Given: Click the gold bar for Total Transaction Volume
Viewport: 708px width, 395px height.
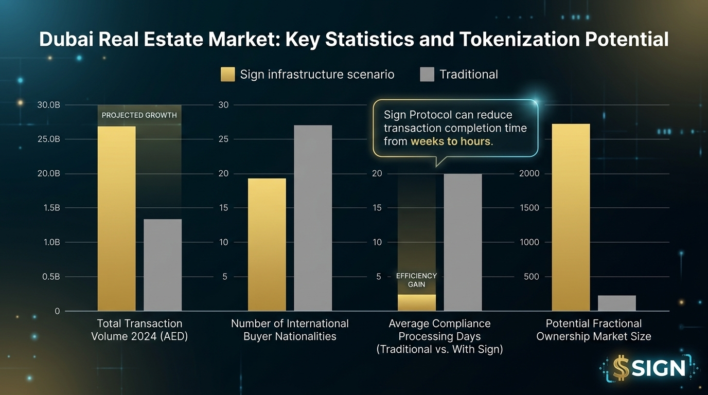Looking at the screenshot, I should click(x=116, y=219).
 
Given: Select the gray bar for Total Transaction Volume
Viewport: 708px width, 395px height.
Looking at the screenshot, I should click(x=163, y=265).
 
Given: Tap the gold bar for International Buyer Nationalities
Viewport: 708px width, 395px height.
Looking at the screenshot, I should click(x=267, y=244).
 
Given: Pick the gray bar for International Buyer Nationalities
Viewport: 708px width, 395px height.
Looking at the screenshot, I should click(x=313, y=218).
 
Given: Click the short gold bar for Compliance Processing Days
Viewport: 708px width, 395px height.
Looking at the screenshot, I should click(x=416, y=302).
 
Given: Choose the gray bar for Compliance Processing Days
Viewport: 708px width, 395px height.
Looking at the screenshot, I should click(x=463, y=242).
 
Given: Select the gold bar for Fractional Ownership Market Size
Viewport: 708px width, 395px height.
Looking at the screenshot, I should click(x=571, y=217).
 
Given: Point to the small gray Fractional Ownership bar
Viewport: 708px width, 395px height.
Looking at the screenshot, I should click(x=616, y=303).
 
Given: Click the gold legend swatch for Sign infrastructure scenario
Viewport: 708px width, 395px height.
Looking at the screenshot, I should click(x=227, y=75).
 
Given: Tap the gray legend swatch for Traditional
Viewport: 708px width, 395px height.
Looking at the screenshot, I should click(x=427, y=75).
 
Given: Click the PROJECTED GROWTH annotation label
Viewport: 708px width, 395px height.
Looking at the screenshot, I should click(x=139, y=115).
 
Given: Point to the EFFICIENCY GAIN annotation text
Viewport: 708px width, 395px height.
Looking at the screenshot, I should click(x=416, y=280).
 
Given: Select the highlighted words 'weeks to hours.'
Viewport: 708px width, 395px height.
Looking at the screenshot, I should click(x=452, y=141).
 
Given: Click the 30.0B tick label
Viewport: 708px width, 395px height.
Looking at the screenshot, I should click(x=49, y=105).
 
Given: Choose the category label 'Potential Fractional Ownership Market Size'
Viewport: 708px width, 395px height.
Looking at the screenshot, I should click(x=593, y=330).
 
